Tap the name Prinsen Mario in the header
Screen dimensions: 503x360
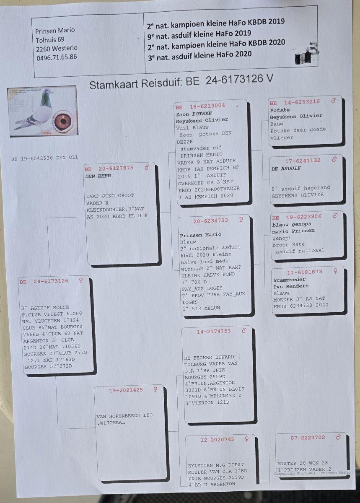55,30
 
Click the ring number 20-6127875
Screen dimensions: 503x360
116,168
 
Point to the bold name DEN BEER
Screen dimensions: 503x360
98,176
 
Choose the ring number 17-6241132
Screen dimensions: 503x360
303,160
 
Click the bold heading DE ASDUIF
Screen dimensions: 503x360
286,169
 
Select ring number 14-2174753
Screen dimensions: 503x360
213,331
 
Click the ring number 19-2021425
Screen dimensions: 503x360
126,390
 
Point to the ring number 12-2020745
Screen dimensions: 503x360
217,440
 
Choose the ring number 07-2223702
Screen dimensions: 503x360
308,438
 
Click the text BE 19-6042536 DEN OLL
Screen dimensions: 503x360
45,159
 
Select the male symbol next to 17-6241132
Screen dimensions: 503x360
334,160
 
